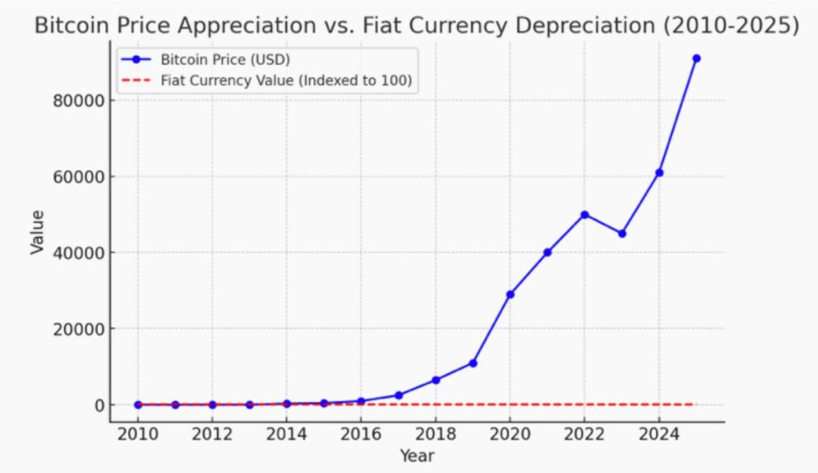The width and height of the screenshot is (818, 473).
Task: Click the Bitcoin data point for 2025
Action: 696,58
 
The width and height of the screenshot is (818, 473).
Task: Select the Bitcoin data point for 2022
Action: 585,214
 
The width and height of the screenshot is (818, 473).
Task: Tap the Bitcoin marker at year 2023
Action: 621,233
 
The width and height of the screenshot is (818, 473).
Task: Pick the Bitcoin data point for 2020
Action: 510,294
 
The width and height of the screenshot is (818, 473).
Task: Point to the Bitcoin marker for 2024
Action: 659,173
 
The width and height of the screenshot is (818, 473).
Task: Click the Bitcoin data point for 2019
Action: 473,363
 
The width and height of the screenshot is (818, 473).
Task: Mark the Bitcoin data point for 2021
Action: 547,252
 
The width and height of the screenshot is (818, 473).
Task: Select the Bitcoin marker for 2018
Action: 435,380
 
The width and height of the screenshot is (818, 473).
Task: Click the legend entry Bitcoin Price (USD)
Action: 211,59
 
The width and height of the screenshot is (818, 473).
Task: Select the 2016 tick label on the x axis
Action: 361,436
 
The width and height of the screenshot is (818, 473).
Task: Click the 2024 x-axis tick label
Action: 658,436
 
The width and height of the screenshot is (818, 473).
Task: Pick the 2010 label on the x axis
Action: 137,436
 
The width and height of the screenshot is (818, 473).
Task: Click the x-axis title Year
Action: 416,456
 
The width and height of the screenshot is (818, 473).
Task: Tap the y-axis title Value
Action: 37,232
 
